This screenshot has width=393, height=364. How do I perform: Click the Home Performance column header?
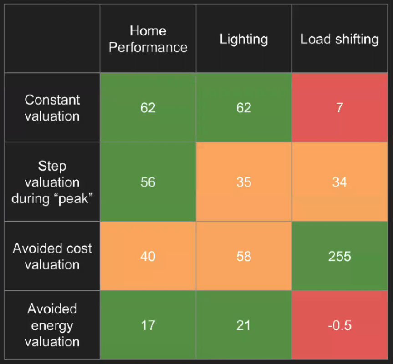148,39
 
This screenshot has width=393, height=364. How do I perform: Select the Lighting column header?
244,39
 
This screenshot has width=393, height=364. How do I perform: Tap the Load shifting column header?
339,39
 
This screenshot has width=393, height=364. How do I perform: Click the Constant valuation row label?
52,108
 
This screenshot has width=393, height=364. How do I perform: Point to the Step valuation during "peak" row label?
52,182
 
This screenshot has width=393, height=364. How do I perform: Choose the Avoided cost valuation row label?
52,256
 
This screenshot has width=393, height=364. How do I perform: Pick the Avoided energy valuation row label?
52,325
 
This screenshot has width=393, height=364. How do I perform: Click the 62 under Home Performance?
148,108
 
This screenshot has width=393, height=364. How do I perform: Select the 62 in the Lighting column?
244,108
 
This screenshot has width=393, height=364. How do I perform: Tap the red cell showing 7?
339,108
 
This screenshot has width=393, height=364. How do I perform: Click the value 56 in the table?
148,182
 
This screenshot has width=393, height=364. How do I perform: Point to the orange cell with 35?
244,182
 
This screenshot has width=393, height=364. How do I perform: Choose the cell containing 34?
339,182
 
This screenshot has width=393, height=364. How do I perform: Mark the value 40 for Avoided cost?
148,256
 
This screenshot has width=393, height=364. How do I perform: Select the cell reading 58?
244,256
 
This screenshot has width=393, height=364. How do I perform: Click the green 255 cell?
339,256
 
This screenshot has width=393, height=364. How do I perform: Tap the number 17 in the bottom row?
148,325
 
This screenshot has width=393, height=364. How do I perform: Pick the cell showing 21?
244,325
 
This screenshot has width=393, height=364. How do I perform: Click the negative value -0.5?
339,325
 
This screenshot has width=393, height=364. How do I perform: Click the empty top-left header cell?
52,39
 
